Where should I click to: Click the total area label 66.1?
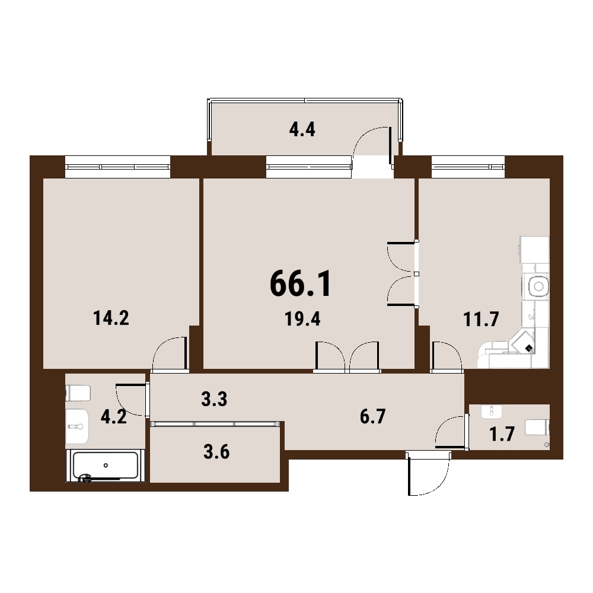pyautogui.click(x=301, y=283)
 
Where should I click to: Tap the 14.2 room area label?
pyautogui.click(x=111, y=318)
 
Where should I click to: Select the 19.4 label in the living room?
pyautogui.click(x=302, y=319)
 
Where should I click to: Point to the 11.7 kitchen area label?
pyautogui.click(x=481, y=319)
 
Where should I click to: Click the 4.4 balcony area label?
pyautogui.click(x=302, y=130)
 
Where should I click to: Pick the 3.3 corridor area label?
pyautogui.click(x=214, y=399)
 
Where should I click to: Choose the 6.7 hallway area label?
pyautogui.click(x=372, y=416)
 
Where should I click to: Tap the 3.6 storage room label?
pyautogui.click(x=216, y=451)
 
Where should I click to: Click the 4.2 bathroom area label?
pyautogui.click(x=113, y=417)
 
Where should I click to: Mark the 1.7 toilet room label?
pyautogui.click(x=502, y=434)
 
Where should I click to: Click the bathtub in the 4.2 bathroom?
pyautogui.click(x=106, y=466)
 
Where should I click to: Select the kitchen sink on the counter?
pyautogui.click(x=538, y=287)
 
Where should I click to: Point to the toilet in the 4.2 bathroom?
pyautogui.click(x=78, y=393)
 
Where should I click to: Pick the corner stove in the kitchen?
pyautogui.click(x=524, y=343)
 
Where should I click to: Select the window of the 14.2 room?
pyautogui.click(x=117, y=167)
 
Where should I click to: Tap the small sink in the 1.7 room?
pyautogui.click(x=491, y=411)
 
